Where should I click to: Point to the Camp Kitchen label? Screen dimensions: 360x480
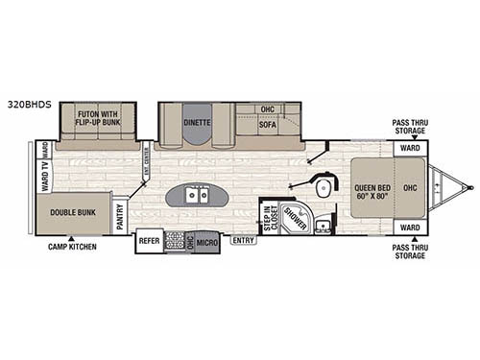[71, 247]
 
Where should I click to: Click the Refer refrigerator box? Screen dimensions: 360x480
[149, 241]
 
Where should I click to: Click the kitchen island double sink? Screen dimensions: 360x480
[198, 196]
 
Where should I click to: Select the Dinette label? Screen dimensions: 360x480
[197, 124]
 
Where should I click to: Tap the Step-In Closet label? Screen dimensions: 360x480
[269, 215]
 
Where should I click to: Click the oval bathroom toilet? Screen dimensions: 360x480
[324, 185]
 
